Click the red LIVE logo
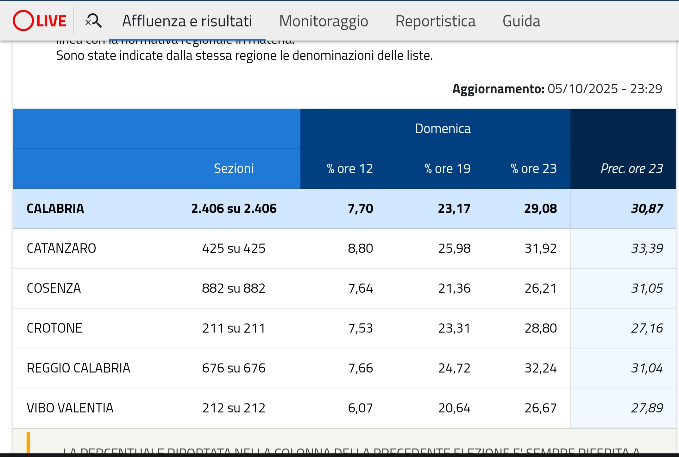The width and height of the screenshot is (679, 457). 40,21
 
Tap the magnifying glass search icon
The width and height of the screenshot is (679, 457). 93,21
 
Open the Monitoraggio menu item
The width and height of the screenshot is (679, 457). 324,21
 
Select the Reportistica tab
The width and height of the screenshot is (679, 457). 435,21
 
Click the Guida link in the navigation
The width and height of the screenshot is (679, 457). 521,21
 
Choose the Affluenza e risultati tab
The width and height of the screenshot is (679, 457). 187,21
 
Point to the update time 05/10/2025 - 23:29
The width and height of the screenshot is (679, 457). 605,89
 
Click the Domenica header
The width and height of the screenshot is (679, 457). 443,129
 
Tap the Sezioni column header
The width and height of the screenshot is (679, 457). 234,168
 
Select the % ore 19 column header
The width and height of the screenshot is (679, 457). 447,168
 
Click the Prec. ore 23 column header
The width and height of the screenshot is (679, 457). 632,168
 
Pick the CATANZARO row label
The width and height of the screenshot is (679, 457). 61,248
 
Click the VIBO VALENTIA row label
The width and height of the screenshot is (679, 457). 70,408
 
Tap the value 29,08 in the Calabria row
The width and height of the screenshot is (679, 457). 540,208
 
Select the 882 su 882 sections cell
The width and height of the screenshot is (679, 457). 234,288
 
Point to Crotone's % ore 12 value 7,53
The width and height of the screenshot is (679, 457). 361,328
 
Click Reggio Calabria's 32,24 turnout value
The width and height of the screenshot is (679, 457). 540,368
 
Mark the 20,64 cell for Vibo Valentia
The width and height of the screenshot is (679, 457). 454,408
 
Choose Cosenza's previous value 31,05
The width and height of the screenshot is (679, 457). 647,288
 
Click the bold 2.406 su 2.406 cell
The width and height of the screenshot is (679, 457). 234,208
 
